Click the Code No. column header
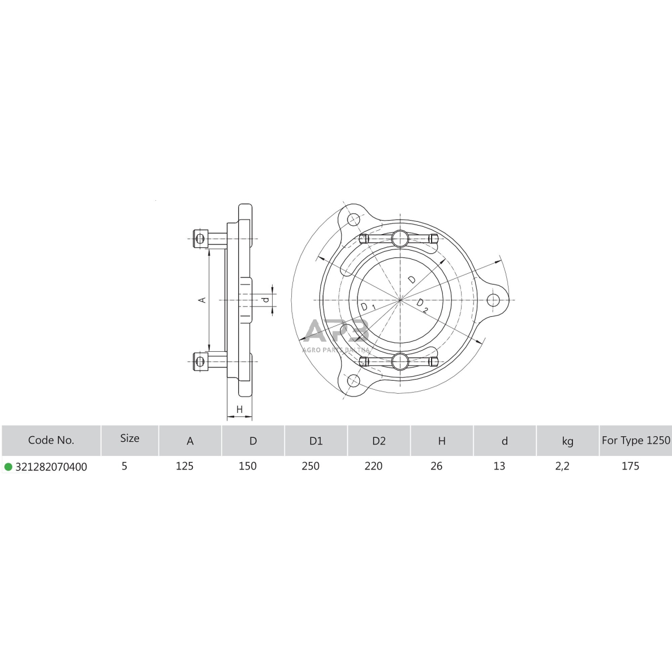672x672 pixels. tap(51, 440)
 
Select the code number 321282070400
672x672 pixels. tap(51, 467)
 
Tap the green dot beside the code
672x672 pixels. tap(8, 467)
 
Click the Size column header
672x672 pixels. tap(130, 438)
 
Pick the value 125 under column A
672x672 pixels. tap(185, 466)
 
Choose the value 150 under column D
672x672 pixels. tap(248, 466)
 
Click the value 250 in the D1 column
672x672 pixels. tap(311, 466)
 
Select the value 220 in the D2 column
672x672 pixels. tap(374, 466)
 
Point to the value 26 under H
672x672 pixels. tap(436, 466)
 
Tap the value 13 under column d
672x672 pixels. tap(499, 466)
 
